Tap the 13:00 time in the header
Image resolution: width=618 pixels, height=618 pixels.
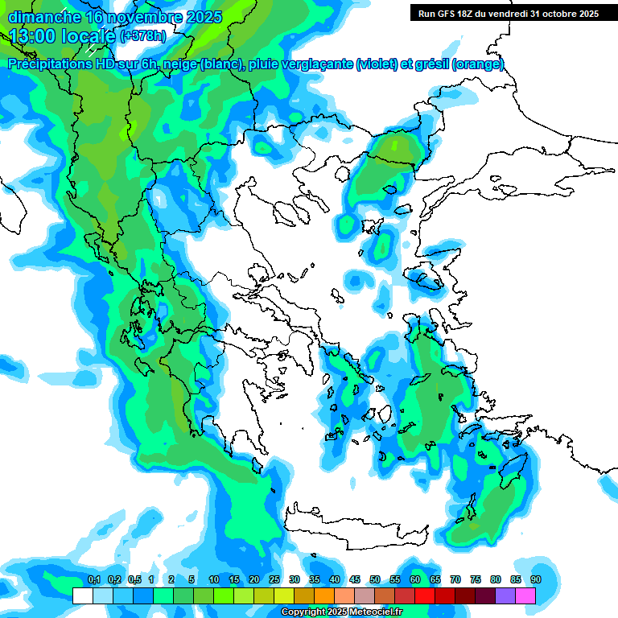click(x=33, y=36)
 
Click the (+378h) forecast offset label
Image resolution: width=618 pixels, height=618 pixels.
click(x=143, y=36)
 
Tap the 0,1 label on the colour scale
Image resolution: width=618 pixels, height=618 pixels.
click(x=94, y=579)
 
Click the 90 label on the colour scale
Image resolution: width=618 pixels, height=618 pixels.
click(x=536, y=579)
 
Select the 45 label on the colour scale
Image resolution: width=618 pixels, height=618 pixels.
click(x=355, y=579)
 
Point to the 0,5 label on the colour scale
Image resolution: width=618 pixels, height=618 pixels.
click(x=134, y=579)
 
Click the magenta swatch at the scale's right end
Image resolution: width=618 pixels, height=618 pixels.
click(x=526, y=596)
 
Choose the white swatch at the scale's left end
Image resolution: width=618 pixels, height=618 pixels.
click(x=82, y=596)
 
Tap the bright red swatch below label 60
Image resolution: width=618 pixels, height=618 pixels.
click(x=425, y=596)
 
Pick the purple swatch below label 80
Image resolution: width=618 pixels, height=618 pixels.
click(x=505, y=596)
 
